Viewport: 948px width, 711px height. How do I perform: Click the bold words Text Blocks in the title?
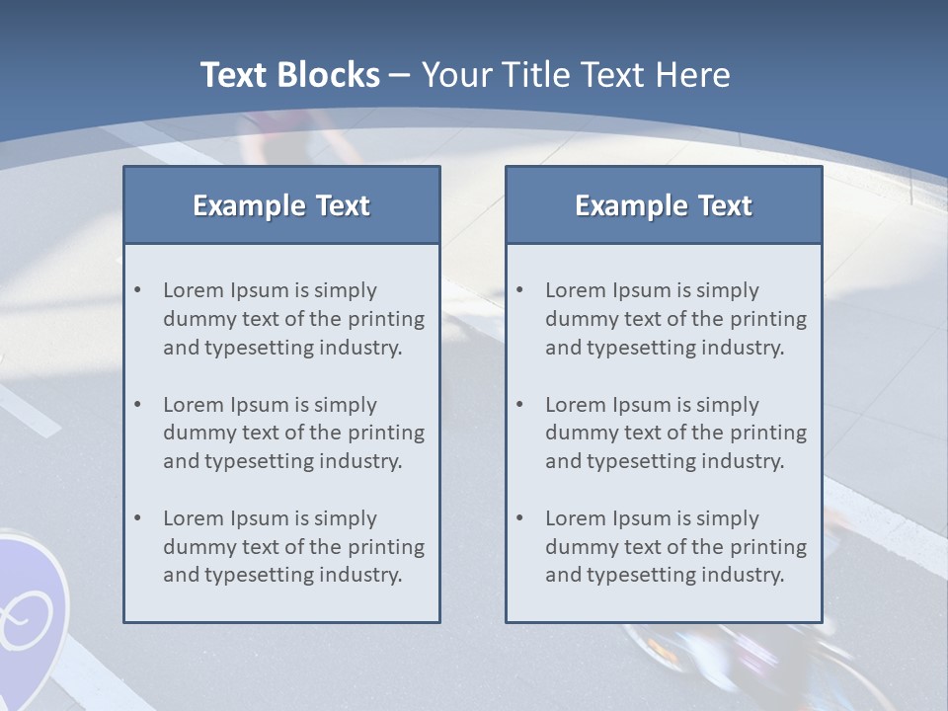tap(289, 75)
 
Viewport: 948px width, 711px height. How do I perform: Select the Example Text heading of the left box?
tap(281, 205)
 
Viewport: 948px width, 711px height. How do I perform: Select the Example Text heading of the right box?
tap(664, 205)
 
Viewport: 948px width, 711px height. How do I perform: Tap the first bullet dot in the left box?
tap(138, 290)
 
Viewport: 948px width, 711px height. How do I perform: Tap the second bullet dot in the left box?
tap(138, 405)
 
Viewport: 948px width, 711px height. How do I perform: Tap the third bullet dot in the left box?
tap(138, 518)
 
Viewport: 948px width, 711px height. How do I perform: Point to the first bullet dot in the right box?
tap(520, 290)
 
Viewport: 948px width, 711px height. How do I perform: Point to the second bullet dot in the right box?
tap(520, 405)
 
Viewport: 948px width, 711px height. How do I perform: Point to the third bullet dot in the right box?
tap(520, 518)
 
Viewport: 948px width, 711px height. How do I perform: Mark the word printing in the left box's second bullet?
tap(388, 433)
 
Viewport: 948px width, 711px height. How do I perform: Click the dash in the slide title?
tap(401, 75)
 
